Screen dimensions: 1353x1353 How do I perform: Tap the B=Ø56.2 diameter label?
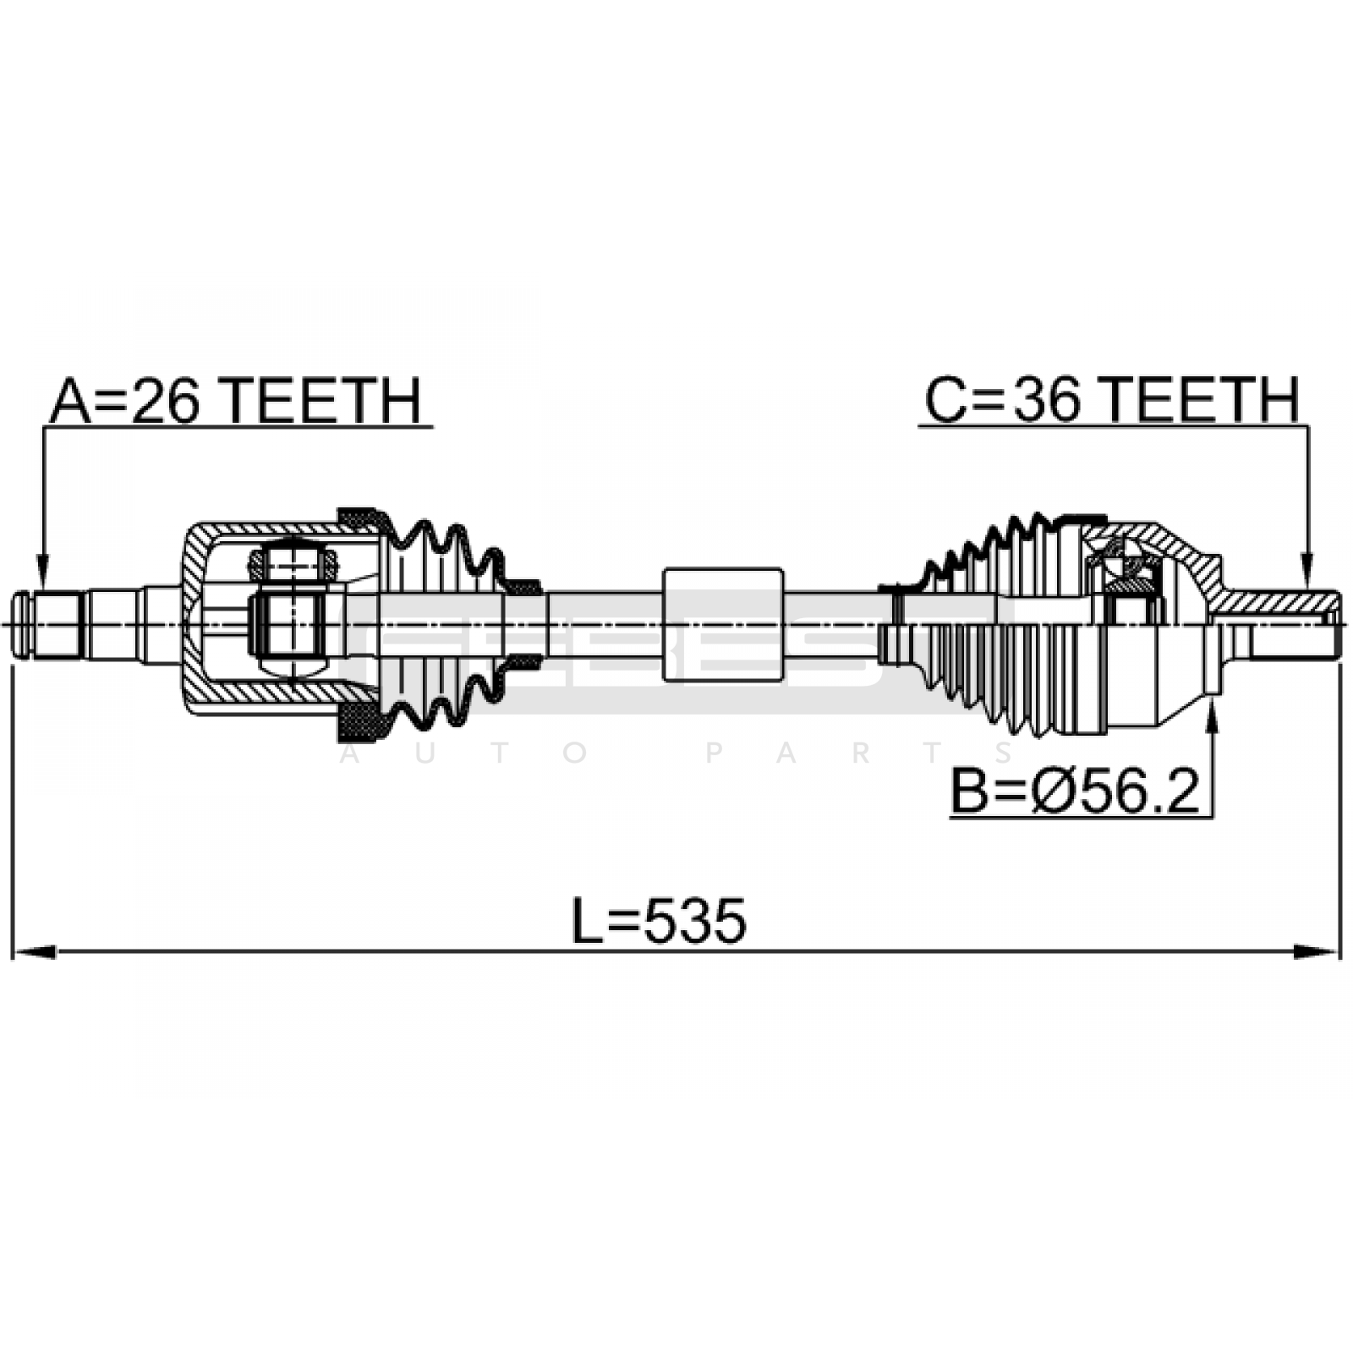coord(1075,791)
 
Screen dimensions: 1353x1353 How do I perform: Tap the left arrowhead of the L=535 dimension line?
coord(34,952)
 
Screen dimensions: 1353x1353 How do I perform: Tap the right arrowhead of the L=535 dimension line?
coord(1319,952)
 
